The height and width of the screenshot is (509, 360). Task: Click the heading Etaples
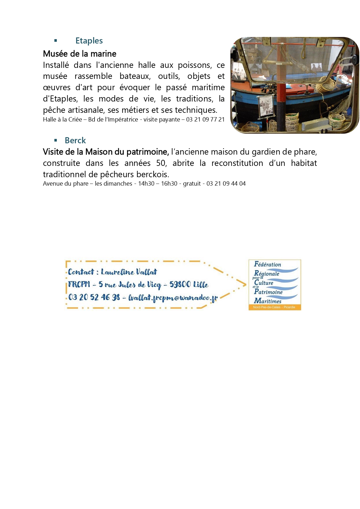(x=89, y=41)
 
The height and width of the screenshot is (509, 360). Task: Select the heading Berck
(x=75, y=141)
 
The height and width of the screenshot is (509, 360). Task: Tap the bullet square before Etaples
(x=56, y=41)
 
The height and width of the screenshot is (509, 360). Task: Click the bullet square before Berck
(x=56, y=140)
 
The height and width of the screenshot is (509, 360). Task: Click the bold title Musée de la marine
(x=79, y=54)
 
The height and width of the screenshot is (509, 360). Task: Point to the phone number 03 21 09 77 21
(x=205, y=119)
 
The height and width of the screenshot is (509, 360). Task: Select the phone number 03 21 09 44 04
(x=226, y=184)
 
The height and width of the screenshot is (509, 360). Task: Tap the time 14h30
(x=146, y=184)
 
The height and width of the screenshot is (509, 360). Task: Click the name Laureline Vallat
(x=129, y=272)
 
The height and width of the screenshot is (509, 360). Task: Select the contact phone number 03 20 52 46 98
(x=94, y=297)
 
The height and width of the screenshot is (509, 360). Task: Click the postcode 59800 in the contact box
(x=180, y=285)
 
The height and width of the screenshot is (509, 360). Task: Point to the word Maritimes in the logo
(x=268, y=301)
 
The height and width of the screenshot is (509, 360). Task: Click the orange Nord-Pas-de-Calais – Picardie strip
(x=274, y=307)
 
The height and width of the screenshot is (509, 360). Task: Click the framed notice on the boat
(x=265, y=106)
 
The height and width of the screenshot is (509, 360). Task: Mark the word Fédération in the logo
(x=267, y=264)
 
